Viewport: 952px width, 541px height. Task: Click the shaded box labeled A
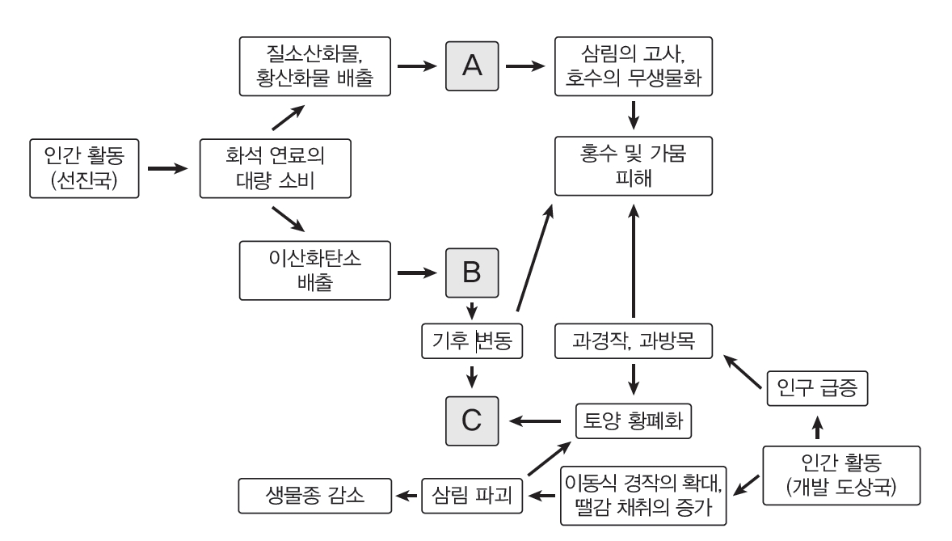472,67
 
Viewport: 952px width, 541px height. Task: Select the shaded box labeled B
471,273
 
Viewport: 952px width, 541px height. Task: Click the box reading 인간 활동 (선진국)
83,168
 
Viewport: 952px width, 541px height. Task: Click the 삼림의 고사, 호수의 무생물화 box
634,67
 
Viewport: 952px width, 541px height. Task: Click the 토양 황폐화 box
634,421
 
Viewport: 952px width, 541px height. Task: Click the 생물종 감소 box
315,494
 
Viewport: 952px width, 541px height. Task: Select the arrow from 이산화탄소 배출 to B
417,273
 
